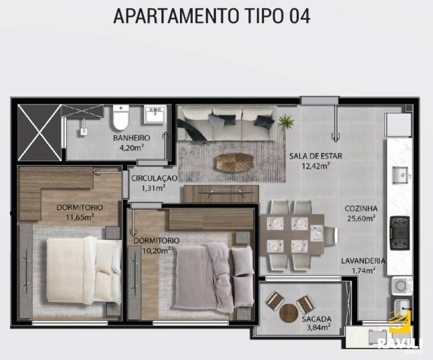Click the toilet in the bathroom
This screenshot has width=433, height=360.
tap(120, 117)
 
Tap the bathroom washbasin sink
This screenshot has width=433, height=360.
tap(155, 114)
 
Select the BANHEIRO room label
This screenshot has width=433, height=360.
tap(131, 137)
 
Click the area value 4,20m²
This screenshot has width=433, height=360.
tap(131, 148)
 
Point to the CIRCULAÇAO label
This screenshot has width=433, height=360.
tap(154, 178)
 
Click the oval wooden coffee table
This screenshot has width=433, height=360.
tap(235, 162)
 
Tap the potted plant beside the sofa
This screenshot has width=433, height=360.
tap(286, 122)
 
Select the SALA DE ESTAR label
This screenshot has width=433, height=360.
tap(315, 156)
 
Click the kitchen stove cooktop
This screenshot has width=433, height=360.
tap(399, 233)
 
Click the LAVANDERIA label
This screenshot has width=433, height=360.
tap(363, 261)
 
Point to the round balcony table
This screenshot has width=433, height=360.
tap(289, 313)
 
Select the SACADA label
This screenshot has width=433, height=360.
tap(316, 319)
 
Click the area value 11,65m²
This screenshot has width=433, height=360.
tap(80, 217)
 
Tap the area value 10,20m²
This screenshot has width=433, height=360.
tap(156, 250)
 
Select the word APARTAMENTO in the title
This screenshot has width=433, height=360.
tap(176, 16)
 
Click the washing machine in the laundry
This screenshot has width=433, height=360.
tap(401, 286)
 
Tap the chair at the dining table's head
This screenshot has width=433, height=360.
tap(331, 235)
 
